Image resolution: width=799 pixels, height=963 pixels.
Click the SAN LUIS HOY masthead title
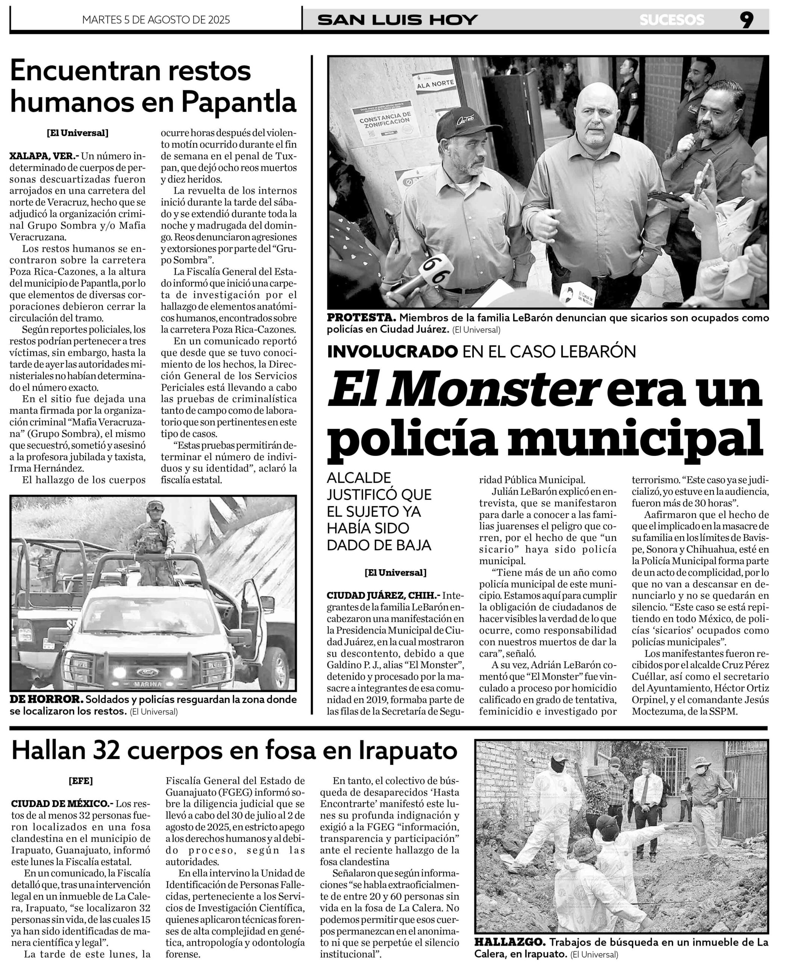click(397, 20)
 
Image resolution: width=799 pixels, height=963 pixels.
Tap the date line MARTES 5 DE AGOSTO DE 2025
click(156, 20)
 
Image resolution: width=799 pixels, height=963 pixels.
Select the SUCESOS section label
click(672, 20)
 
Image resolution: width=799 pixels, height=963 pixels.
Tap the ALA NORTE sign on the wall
click(435, 84)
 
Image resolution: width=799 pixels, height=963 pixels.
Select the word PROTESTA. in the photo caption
click(361, 318)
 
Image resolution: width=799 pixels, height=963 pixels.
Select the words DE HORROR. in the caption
click(46, 700)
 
